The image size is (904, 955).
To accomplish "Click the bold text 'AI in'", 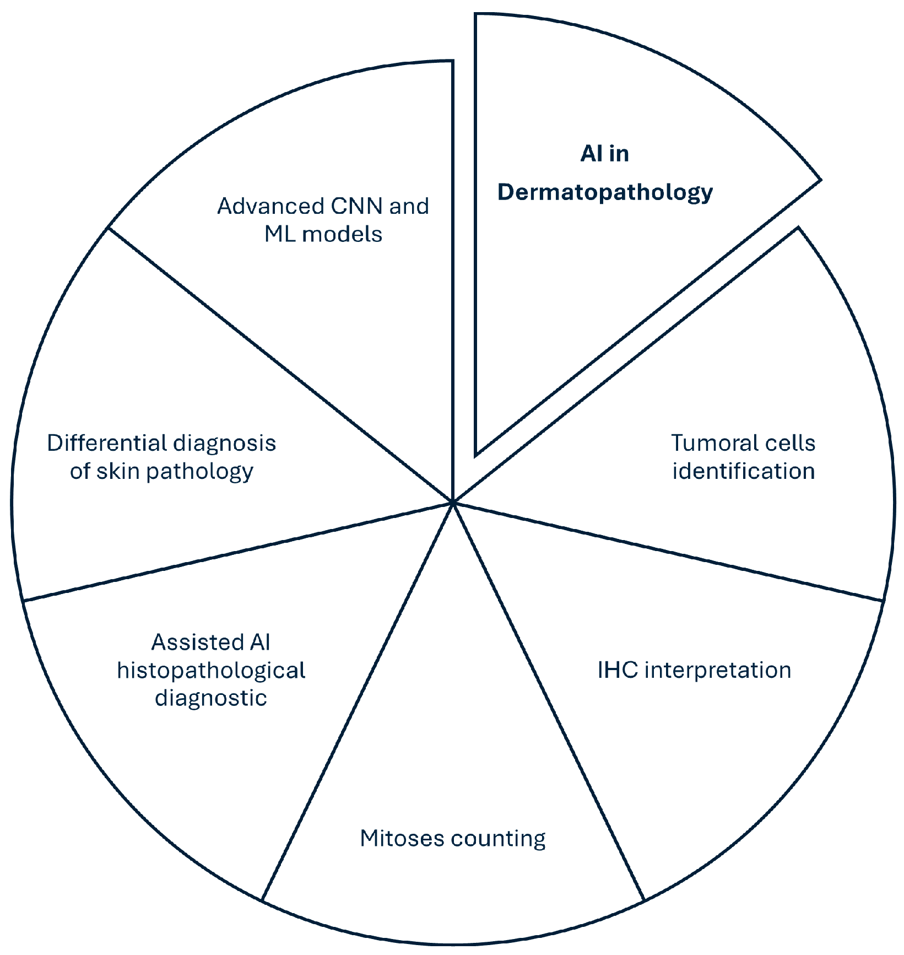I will pyautogui.click(x=604, y=154).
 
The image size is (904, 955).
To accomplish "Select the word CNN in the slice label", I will pyautogui.click(x=356, y=207).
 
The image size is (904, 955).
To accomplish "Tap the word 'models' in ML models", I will pyautogui.click(x=342, y=235).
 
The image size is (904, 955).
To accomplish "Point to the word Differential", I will pyautogui.click(x=106, y=444).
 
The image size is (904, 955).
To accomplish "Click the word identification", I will pyautogui.click(x=743, y=472).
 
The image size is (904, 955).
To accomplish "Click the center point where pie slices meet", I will pyautogui.click(x=452, y=502).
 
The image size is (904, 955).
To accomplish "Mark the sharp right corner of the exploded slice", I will pyautogui.click(x=820, y=180).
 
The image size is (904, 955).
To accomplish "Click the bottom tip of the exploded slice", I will pyautogui.click(x=477, y=455).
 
